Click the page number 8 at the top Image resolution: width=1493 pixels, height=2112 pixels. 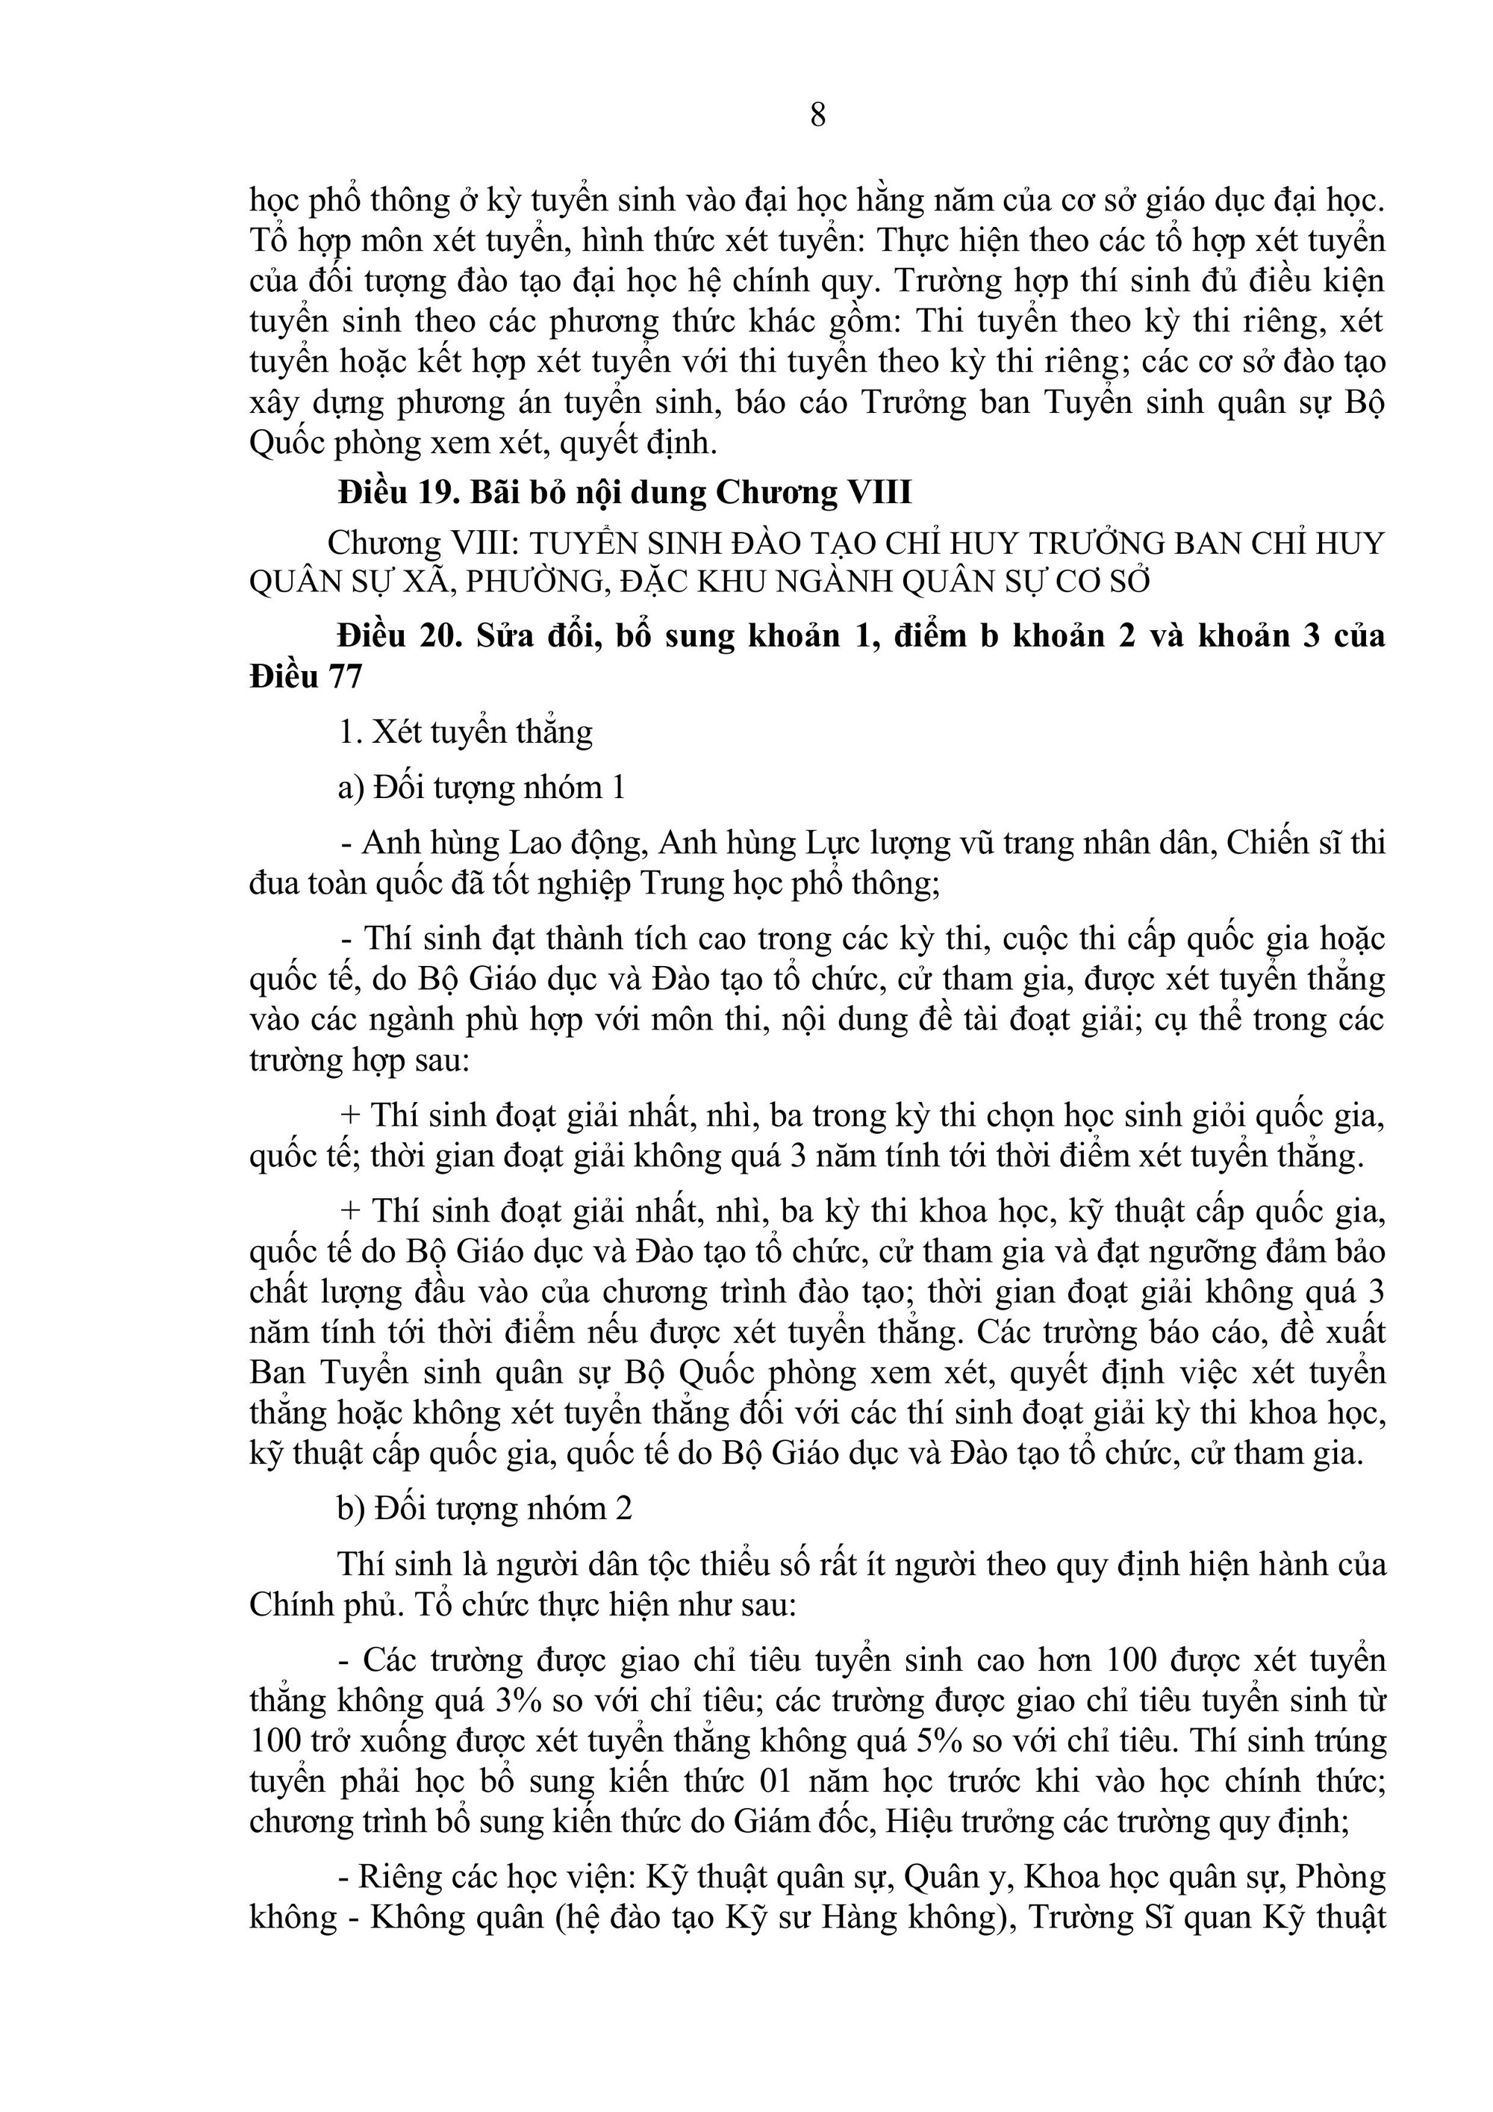(818, 115)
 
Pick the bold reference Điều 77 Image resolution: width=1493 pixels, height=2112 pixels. (305, 677)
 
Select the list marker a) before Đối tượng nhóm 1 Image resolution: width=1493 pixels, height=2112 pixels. (352, 788)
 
